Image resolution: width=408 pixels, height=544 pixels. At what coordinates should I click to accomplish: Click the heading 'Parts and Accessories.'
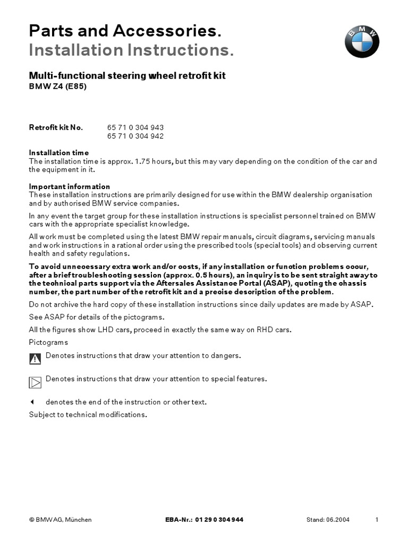124,31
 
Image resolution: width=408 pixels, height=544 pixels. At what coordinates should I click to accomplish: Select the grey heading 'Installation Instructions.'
131,52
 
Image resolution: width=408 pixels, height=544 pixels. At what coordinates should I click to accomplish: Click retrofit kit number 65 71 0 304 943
135,127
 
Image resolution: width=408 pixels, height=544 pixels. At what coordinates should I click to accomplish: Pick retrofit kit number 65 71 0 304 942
135,136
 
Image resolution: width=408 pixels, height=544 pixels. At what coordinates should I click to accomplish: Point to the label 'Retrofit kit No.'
56,127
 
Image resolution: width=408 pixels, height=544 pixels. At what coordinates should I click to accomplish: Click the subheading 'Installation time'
59,153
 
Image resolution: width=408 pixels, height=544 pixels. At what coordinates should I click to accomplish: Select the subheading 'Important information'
70,186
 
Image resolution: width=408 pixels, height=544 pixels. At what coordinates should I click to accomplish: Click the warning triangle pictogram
35,359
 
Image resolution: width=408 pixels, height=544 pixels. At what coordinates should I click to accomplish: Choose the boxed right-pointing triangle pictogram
35,382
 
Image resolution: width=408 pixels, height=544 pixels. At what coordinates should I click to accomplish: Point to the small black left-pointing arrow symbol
32,402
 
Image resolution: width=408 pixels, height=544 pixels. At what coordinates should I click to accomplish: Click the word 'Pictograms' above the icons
48,343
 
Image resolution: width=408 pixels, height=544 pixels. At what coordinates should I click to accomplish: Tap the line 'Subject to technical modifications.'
88,414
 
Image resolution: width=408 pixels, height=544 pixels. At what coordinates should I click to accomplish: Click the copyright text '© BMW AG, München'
60,520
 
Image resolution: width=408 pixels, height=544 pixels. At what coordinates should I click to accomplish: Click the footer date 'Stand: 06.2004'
328,520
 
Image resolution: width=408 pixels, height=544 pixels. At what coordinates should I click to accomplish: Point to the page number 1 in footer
377,520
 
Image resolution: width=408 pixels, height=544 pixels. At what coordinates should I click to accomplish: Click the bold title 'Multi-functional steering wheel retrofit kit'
127,76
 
